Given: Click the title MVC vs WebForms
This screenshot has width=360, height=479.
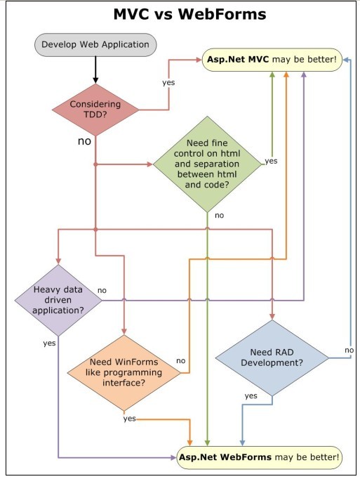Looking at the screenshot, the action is point(189,14).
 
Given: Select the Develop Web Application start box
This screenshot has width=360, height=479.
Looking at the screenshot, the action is point(95,45).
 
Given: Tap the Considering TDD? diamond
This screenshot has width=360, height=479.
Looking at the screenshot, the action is point(95,110).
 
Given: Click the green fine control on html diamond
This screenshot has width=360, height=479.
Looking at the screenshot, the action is point(207,164).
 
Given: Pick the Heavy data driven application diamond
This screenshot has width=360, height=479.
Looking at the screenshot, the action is point(58,301).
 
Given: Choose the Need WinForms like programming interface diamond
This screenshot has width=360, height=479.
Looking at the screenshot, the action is point(124,373).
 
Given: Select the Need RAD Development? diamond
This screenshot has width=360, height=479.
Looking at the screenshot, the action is point(272,357).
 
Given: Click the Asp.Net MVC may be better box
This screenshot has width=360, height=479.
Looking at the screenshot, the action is point(272,60).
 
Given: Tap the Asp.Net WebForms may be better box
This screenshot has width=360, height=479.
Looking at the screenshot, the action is point(259,457).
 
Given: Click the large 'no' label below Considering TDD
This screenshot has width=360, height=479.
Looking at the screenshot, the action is point(85,141).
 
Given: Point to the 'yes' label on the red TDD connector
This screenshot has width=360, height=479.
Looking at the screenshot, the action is point(168,82).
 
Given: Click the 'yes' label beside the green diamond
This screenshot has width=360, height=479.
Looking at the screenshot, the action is point(271,161).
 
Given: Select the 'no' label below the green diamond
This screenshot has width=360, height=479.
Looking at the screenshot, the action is point(219,216).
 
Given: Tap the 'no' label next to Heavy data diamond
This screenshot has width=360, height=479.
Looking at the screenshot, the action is point(102,291).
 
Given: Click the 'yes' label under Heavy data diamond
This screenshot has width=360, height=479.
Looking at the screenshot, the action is point(49,343).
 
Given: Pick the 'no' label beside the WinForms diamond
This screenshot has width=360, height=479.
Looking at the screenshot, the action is point(181,361).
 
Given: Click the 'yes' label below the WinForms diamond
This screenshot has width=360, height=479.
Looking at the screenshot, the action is point(129,418).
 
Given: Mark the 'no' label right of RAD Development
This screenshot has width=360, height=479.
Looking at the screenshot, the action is point(349,350).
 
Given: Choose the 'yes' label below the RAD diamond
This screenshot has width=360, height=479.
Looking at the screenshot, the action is point(251,396).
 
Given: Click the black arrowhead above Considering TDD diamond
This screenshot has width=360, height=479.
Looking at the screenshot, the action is point(95,80).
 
